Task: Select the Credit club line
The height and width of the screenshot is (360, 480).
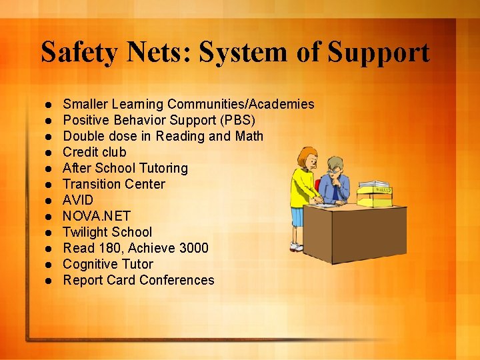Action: (x=94, y=152)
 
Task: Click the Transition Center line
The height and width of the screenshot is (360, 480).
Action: (x=113, y=184)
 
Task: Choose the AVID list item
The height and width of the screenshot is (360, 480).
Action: (x=78, y=200)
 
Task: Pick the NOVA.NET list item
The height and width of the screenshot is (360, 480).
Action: (x=96, y=216)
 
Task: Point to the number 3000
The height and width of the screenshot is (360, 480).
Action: (x=193, y=248)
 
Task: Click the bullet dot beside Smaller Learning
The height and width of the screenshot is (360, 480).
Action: (x=49, y=105)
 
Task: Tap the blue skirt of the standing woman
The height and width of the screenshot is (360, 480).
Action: (x=297, y=217)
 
